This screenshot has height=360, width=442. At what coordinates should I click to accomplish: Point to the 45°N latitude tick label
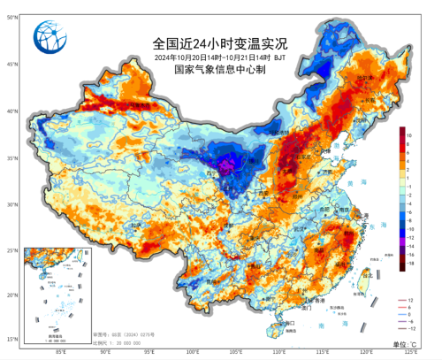point(11,65)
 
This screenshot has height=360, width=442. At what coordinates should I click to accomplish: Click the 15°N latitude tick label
point(11,340)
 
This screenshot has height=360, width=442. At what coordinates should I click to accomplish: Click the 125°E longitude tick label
point(411,351)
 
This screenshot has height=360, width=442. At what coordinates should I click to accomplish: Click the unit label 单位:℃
point(408,343)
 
